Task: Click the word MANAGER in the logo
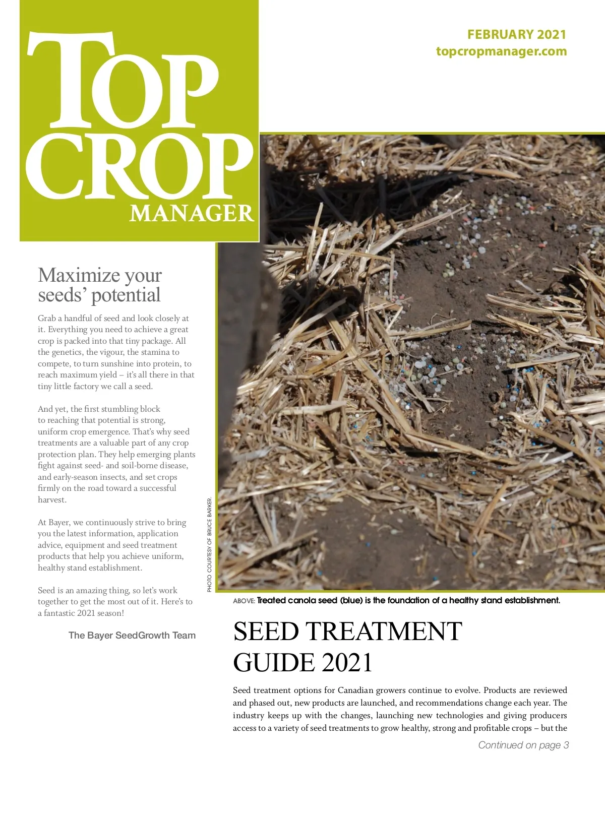pos(192,213)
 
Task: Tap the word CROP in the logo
pos(139,166)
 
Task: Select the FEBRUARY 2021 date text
pos(516,34)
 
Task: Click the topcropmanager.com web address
pos(501,51)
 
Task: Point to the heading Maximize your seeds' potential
pos(100,285)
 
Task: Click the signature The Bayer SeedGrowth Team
pos(132,635)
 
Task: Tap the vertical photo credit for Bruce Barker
pos(210,545)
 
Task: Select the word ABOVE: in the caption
pos(244,601)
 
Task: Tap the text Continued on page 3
pos(523,745)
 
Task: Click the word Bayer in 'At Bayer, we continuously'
pos(59,522)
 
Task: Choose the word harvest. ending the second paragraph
pos(52,499)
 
